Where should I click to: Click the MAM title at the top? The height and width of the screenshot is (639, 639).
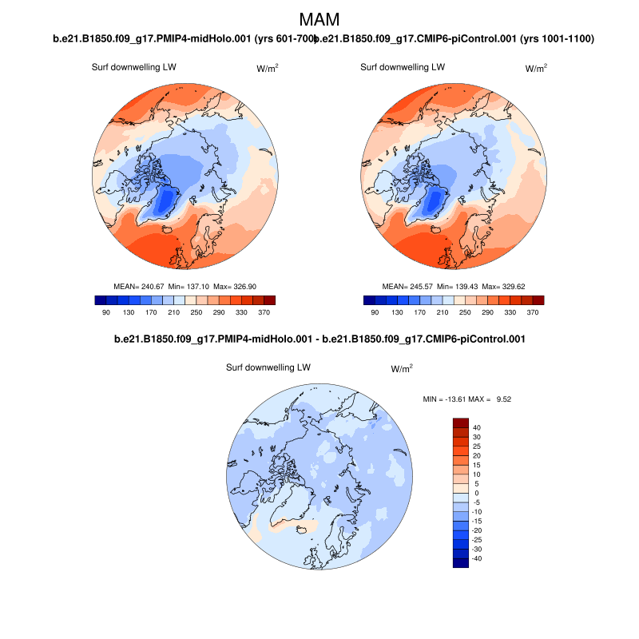319,19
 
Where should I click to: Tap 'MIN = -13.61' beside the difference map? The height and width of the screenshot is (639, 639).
448,398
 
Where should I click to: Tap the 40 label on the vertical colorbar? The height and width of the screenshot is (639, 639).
476,427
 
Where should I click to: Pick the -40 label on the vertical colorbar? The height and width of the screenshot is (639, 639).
478,558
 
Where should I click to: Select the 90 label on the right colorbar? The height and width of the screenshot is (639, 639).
375,314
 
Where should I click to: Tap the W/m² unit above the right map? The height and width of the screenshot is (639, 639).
536,69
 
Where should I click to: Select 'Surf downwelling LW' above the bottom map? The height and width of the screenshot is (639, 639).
268,368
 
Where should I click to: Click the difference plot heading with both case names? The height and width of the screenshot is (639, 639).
319,339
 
